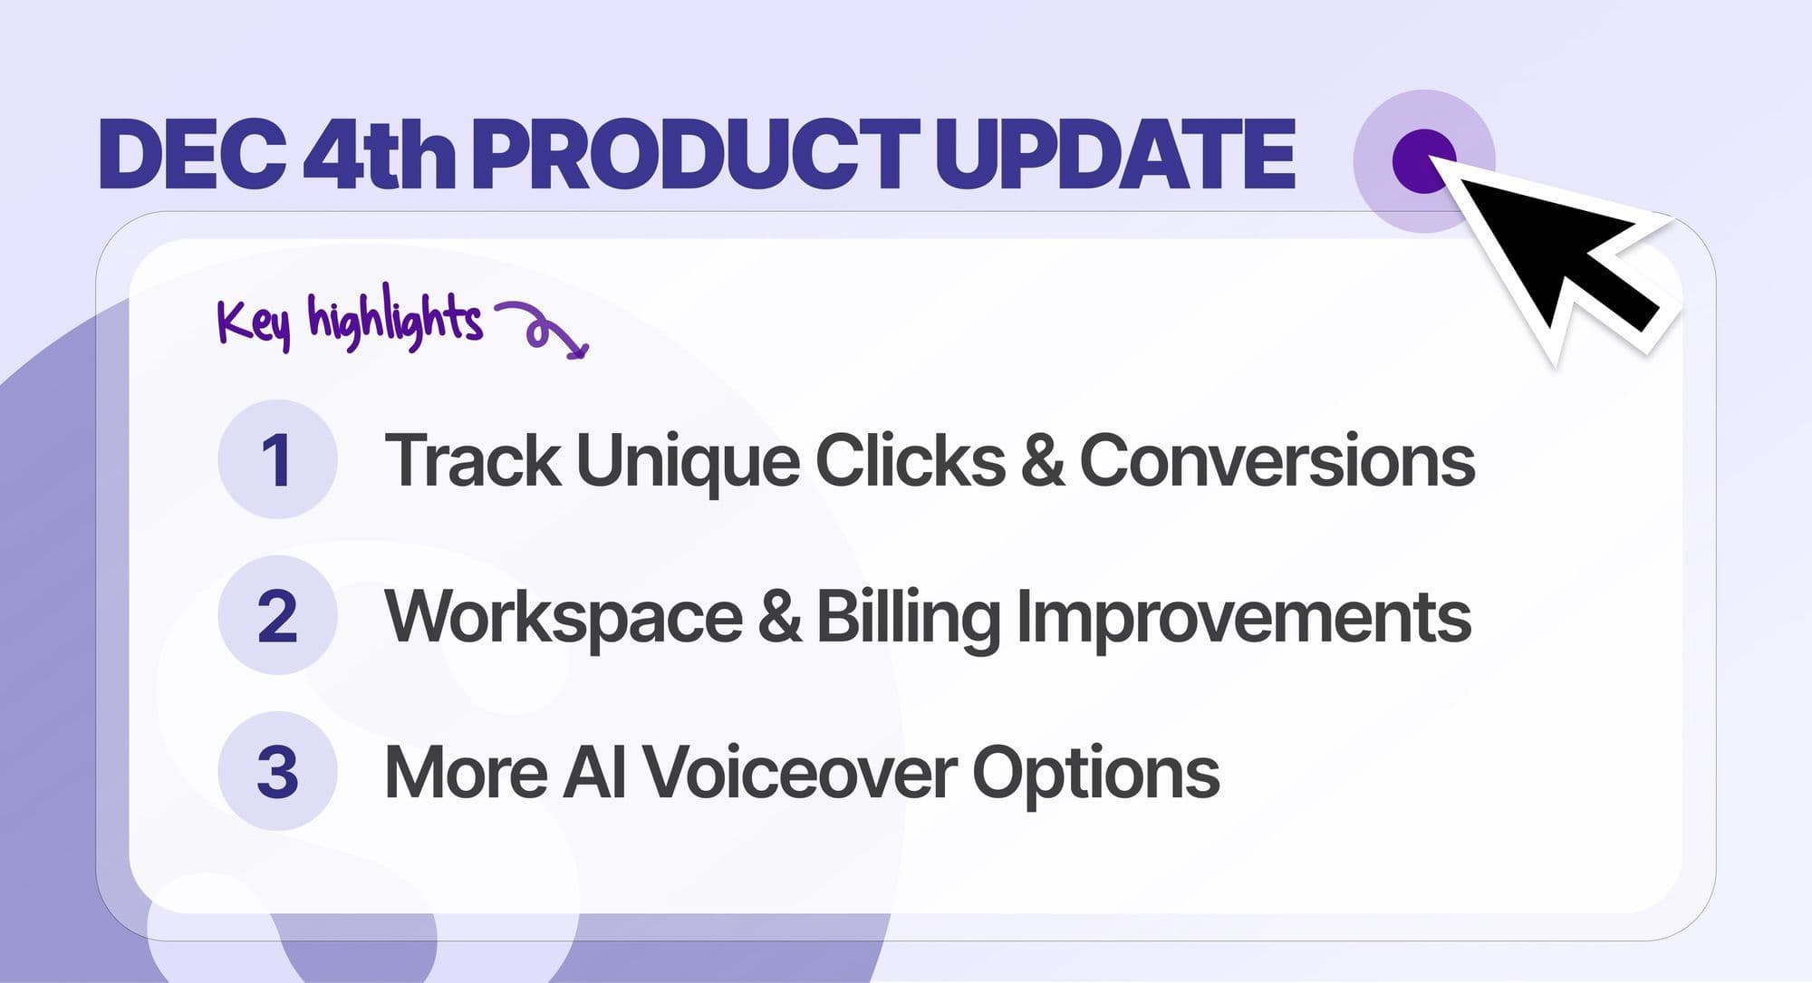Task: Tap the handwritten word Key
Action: click(255, 322)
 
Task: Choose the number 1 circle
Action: click(277, 459)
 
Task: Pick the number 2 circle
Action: click(277, 615)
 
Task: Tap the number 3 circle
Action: click(277, 772)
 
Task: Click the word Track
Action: click(472, 459)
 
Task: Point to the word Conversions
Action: click(1277, 459)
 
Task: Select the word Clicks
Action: click(910, 459)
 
